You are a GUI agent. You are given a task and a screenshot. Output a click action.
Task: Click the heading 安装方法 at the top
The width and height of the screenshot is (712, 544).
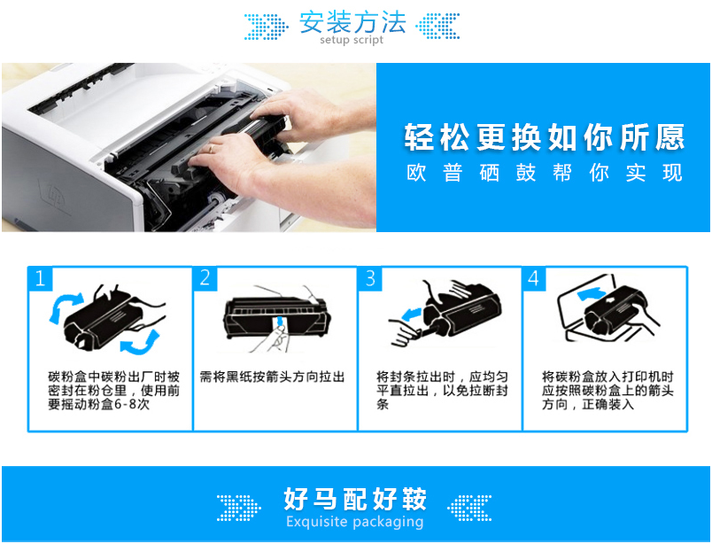(352, 23)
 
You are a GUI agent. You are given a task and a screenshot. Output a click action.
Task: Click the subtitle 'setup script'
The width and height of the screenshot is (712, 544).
(352, 40)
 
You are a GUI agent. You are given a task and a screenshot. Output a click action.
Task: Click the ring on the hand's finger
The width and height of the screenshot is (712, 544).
(211, 149)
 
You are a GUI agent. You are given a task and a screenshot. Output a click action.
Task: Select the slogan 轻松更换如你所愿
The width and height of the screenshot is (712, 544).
(544, 136)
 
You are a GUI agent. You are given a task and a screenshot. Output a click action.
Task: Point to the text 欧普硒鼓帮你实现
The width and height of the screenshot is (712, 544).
(544, 173)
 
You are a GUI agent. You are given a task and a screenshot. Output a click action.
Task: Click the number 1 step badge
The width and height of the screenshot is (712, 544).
(41, 278)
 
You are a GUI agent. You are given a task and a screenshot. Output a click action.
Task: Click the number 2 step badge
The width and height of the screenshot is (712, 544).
(205, 278)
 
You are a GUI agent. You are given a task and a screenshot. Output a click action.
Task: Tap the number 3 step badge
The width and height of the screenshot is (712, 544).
(370, 278)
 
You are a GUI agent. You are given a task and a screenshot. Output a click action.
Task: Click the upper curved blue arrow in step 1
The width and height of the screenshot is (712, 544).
(64, 307)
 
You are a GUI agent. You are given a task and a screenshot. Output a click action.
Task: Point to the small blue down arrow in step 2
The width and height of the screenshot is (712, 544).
(281, 322)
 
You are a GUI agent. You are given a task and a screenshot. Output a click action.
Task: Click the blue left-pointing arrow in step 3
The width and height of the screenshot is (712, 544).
(412, 314)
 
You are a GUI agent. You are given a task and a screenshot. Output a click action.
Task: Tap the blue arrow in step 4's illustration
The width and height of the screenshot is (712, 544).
(592, 294)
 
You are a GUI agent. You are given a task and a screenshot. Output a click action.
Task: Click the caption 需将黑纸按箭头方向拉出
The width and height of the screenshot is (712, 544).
(272, 377)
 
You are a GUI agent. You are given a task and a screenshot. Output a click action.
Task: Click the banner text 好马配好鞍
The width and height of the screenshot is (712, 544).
(354, 499)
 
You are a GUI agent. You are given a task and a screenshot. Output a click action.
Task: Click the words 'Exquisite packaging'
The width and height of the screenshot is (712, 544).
(354, 522)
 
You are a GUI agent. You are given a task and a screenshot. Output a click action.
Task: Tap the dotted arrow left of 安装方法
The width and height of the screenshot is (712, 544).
(266, 26)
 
